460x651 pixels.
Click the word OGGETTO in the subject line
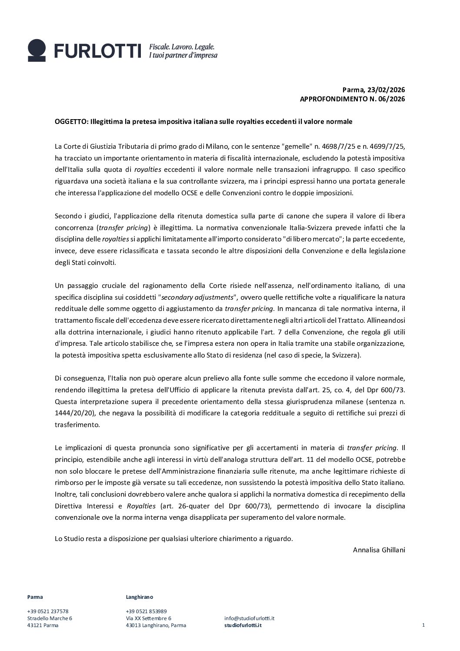point(70,122)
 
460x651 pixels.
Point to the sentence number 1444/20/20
point(73,413)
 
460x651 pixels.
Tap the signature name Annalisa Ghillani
point(379,550)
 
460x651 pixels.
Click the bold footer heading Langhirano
point(139,597)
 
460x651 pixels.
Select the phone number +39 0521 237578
point(47,611)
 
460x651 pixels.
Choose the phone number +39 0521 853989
point(146,611)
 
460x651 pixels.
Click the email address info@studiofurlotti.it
point(249,618)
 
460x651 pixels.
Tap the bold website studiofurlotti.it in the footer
point(243,625)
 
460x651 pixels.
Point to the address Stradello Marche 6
point(50,618)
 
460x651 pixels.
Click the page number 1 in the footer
point(423,625)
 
